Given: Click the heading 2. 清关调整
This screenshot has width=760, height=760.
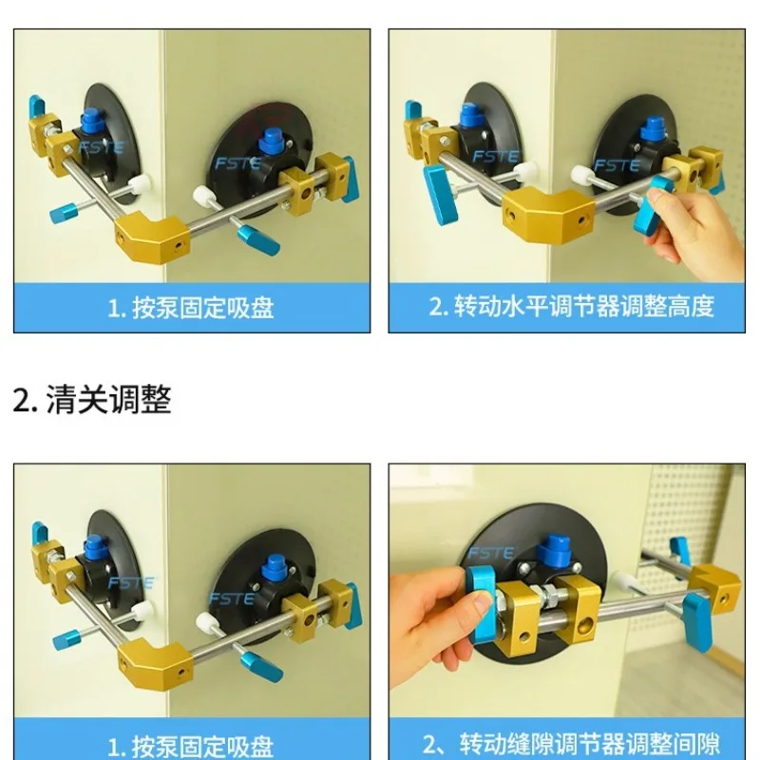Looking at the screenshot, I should click(x=92, y=399).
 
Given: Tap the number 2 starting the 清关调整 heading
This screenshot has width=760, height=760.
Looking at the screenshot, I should click(x=22, y=400).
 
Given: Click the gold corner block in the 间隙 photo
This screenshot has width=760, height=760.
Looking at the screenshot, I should click(x=712, y=587).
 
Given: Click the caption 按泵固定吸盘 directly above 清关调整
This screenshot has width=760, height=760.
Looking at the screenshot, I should click(x=191, y=306).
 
